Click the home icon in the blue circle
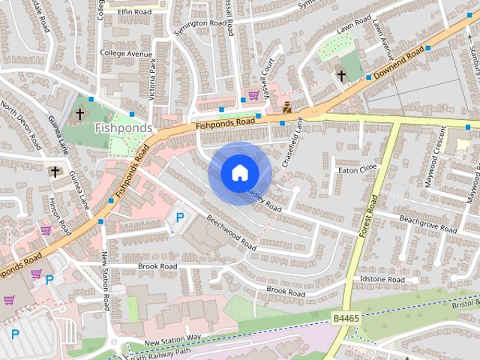[239, 173]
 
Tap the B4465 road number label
[346, 319]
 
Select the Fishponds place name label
[124, 128]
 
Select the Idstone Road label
[382, 280]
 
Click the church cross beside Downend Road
[341, 76]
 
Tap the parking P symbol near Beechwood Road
[179, 217]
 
